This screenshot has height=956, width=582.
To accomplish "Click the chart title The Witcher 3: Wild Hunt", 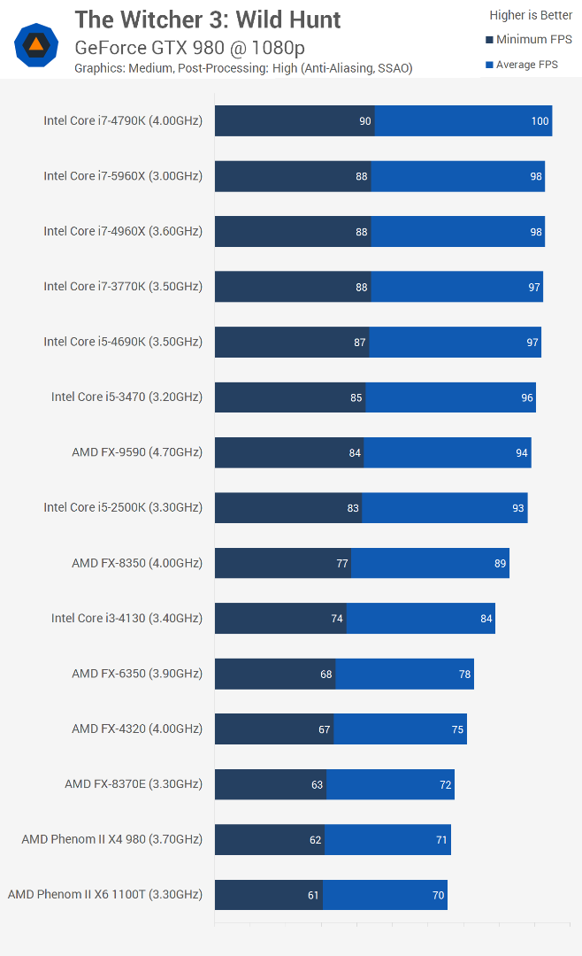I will tap(207, 19).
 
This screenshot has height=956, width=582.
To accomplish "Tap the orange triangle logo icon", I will tap(36, 44).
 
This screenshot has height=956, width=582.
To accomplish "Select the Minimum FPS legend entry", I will tap(529, 40).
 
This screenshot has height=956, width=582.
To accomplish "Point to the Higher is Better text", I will tap(531, 15).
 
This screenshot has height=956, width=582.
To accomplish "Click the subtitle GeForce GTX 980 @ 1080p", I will tap(189, 48).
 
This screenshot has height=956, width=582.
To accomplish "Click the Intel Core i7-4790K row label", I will tap(123, 120).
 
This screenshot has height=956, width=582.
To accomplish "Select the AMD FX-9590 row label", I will tap(137, 452).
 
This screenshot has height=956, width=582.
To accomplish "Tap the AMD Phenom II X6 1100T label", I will tap(105, 894).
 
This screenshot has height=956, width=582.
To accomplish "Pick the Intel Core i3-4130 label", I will tap(126, 618).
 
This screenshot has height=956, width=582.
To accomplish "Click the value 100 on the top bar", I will tap(540, 121).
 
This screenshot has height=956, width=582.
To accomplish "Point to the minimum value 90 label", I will tap(364, 121).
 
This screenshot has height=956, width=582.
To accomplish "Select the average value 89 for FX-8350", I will tap(501, 563).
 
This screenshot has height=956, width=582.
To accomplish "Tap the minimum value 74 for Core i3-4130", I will tap(337, 619).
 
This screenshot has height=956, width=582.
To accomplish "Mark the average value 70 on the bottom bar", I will tap(438, 895).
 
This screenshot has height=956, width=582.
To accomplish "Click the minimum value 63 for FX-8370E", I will tap(317, 784).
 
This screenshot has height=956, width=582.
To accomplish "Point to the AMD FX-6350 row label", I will tap(137, 674).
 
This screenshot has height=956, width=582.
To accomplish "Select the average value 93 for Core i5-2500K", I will tap(518, 508).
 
